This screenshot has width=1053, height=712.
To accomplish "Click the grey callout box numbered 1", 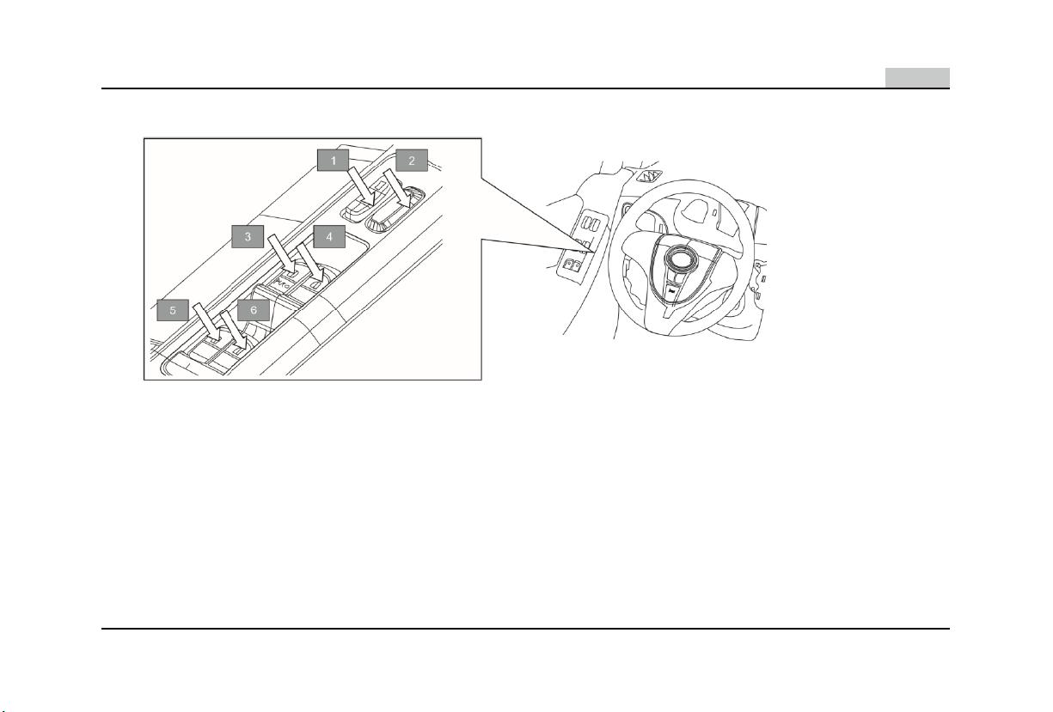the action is point(334,161).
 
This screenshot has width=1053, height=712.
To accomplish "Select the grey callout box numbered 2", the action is point(412,161).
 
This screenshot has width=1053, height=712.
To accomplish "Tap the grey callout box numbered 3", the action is point(248,237).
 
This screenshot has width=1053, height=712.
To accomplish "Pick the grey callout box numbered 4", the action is point(329,237).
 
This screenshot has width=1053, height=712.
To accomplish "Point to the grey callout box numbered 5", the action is point(173,310).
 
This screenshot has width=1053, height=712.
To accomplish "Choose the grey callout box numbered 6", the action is point(254,310).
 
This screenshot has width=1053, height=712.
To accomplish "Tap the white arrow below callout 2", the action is point(399,189).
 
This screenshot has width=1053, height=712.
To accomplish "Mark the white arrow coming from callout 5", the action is point(206,322).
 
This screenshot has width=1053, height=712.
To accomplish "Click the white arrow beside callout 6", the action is point(233,330).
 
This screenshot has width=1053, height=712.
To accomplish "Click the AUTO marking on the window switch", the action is point(282,284).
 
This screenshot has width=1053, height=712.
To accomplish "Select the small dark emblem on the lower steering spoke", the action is point(671,292).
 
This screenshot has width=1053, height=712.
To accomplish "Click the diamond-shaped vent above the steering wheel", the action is point(649,176).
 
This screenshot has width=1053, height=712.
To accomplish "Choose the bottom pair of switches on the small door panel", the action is point(572,265).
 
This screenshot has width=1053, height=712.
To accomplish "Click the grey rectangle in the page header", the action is point(917,77).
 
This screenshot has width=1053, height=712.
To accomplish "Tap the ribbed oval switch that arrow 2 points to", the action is point(394,210).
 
